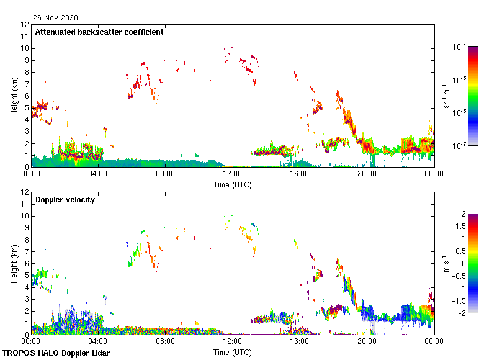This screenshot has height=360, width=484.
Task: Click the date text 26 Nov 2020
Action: [56, 17]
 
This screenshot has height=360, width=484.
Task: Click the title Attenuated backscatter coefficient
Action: [99, 32]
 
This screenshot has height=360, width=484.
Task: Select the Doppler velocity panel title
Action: [61, 199]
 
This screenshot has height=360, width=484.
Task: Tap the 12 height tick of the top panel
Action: [25, 25]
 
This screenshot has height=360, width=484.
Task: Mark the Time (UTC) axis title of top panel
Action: [232, 184]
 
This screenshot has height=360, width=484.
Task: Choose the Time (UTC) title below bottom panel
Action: [232, 352]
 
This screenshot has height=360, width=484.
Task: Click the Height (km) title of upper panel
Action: [14, 96]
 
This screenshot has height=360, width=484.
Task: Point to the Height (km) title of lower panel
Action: [14, 264]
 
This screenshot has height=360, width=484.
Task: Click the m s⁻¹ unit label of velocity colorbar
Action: [446, 264]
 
